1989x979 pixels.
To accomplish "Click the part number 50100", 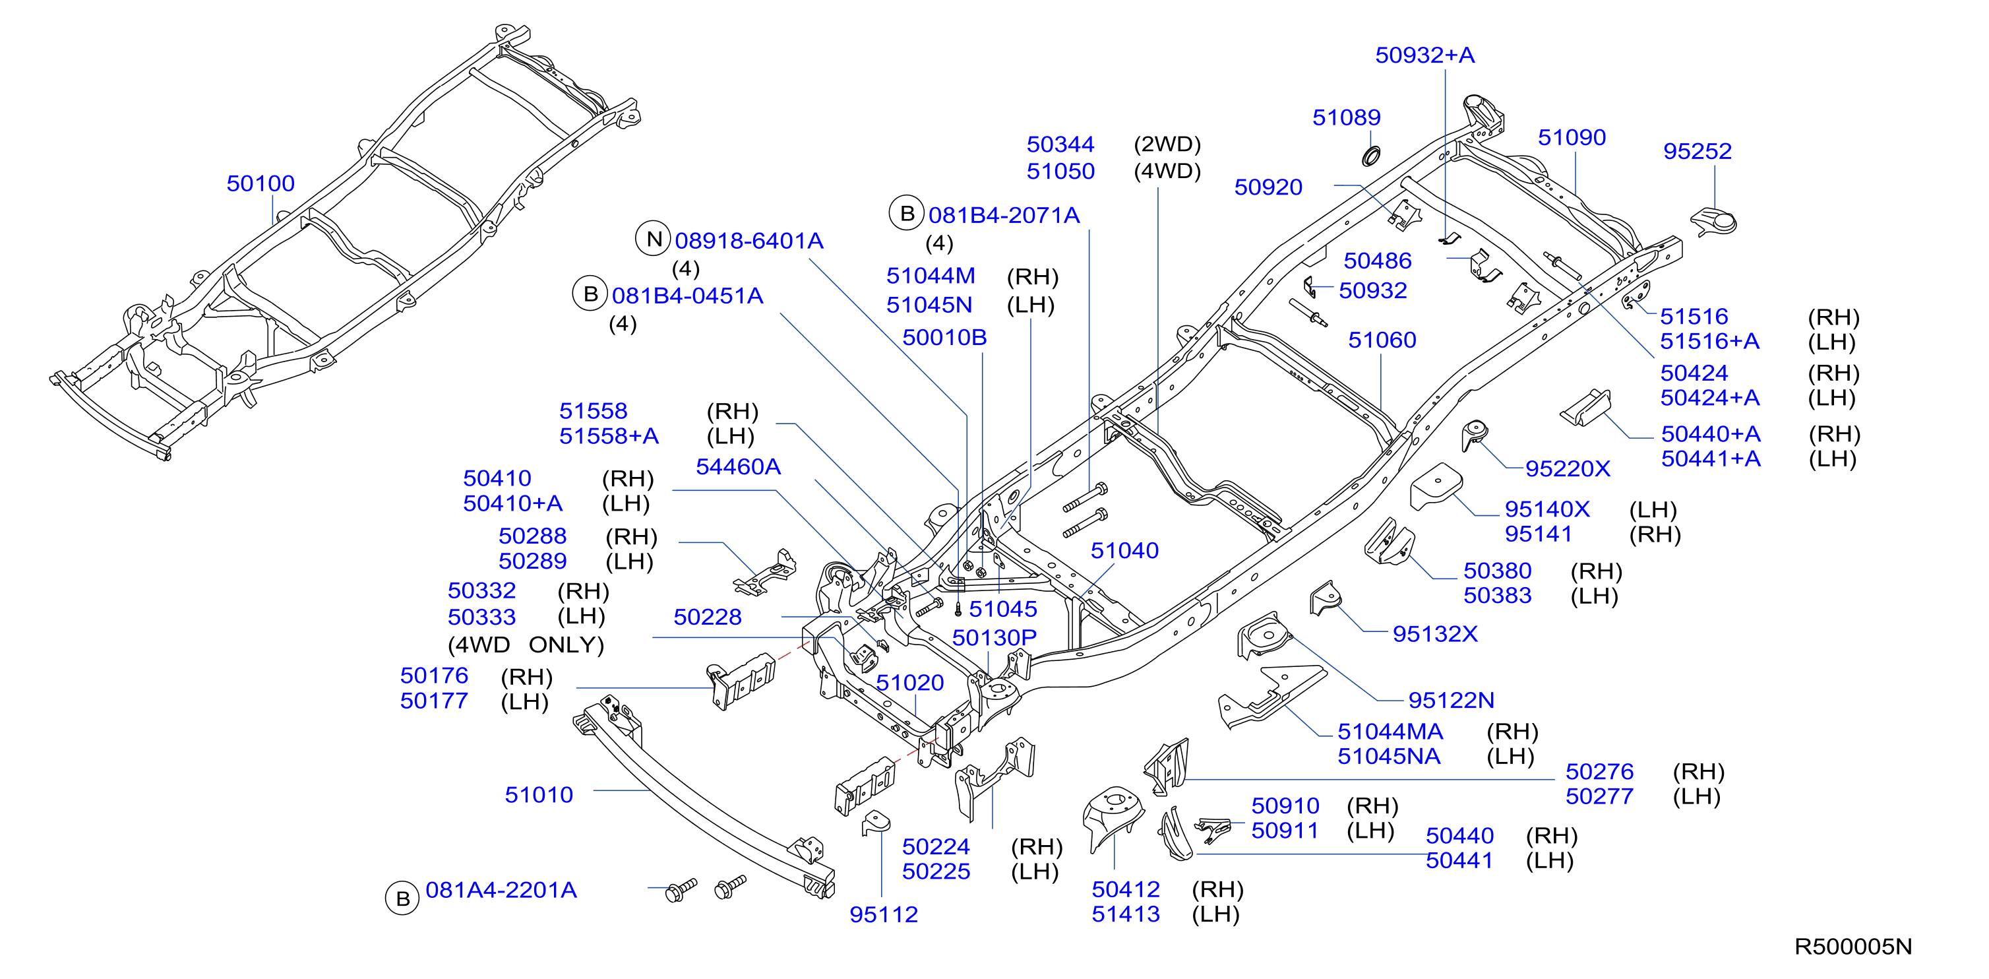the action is (260, 184).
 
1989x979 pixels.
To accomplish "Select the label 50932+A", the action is (1424, 55).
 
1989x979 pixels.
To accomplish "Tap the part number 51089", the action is (1347, 117).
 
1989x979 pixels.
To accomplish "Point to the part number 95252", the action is (1697, 151).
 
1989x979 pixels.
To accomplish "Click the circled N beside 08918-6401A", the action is (654, 239).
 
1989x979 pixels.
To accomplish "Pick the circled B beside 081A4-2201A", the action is (402, 898).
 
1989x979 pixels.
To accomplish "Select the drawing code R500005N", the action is (1853, 947).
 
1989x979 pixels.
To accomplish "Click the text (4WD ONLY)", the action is (526, 645).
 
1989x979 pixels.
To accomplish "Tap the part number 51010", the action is (539, 794).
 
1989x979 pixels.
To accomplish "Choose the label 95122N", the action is (1451, 701).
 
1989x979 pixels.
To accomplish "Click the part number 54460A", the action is (738, 466).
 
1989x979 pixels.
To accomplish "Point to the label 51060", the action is (1382, 340).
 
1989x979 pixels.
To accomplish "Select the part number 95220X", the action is (1568, 468).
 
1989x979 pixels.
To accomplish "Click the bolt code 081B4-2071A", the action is (1004, 216).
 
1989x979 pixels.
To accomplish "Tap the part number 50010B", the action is (944, 337).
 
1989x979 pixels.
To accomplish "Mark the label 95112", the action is (883, 914).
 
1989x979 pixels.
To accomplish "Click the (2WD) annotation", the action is (1167, 144).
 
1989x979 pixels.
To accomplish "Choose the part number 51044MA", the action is (1390, 731).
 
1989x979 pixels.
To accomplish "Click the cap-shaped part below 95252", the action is (1714, 222).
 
